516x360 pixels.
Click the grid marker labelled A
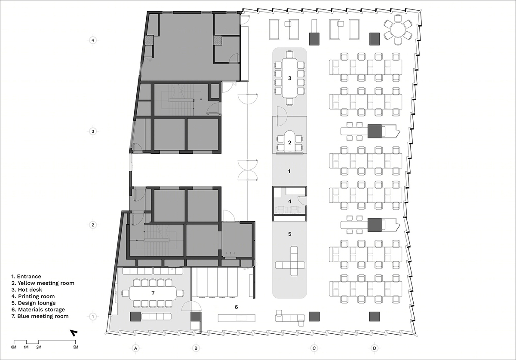(x=136, y=348)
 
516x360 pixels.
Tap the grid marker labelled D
(x=375, y=348)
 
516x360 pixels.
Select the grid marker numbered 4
(x=93, y=40)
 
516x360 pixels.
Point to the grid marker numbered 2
(x=93, y=225)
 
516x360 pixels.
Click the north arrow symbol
(x=74, y=333)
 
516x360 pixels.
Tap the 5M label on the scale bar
(x=76, y=347)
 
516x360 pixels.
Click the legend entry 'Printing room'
(x=33, y=296)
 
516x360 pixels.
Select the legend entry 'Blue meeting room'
(x=40, y=316)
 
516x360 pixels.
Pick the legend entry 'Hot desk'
(x=27, y=290)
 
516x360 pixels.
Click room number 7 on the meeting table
(x=153, y=293)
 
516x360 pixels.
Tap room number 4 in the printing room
(x=290, y=201)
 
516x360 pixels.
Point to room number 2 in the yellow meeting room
(x=290, y=143)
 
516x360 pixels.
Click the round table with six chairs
(x=398, y=29)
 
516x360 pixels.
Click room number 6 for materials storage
(x=236, y=307)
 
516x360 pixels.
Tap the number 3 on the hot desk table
(x=290, y=78)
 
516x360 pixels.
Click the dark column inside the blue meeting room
(x=135, y=317)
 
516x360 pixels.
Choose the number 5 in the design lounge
(x=290, y=234)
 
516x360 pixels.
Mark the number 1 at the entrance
(x=289, y=171)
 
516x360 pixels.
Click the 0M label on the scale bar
(x=14, y=347)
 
